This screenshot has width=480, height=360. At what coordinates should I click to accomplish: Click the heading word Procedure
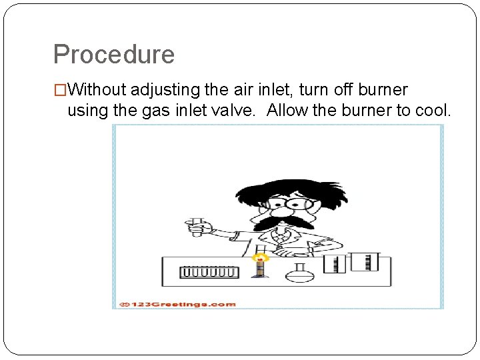tap(113, 55)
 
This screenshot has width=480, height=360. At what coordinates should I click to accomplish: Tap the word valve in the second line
tap(235, 110)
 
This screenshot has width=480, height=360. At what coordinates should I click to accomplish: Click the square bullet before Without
tap(60, 90)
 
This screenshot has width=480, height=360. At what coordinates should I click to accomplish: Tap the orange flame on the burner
tap(261, 257)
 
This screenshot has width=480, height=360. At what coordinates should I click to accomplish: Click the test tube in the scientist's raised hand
tap(197, 226)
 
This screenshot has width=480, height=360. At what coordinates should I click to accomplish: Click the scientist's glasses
tap(287, 203)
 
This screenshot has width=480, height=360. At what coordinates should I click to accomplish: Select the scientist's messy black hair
tap(280, 183)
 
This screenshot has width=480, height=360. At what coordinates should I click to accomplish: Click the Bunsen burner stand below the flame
tap(261, 271)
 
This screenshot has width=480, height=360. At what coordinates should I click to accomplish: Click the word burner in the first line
tap(381, 90)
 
